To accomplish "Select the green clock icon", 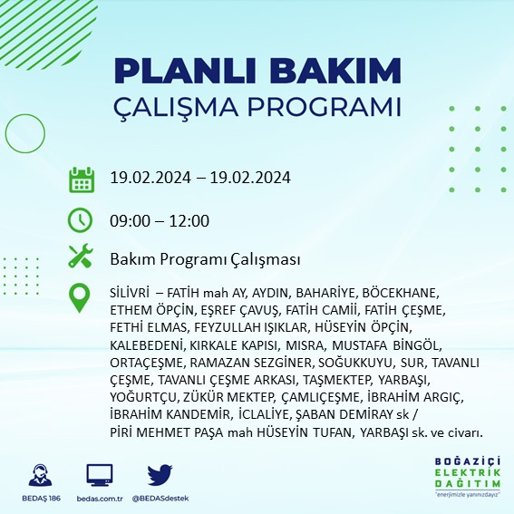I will pos(82,220).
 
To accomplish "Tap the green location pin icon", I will pos(82,298).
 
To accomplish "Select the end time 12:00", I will pos(190,220).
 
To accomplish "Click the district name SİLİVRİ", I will pos(130,294).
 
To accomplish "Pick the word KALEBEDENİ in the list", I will pos(147,345).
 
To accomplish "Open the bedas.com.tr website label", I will pos(99,498).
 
